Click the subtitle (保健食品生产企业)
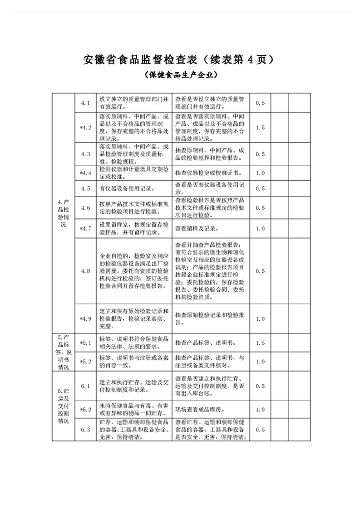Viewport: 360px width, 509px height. tap(180, 74)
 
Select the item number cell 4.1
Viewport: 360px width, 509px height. tap(85, 103)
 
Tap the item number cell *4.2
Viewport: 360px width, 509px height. tap(85, 127)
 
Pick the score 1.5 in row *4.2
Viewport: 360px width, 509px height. tap(260, 127)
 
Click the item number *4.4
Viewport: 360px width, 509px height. tap(85, 173)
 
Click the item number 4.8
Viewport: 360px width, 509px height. tap(85, 271)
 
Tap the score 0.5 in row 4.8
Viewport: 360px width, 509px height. tap(260, 271)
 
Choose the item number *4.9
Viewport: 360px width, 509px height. tap(85, 318)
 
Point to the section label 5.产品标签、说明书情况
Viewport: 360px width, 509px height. tap(63, 352)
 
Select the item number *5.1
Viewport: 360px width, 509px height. tap(85, 343)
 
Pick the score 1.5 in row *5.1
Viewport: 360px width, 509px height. tap(260, 343)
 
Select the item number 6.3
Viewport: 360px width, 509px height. tap(85, 429)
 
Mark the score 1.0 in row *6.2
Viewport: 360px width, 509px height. tap(260, 410)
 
